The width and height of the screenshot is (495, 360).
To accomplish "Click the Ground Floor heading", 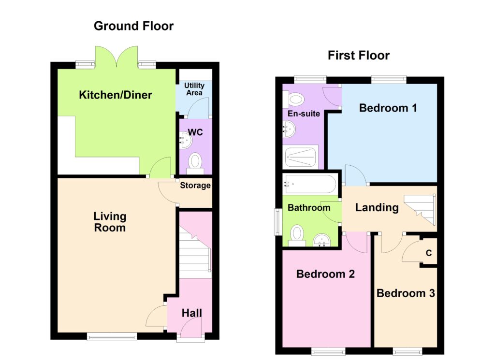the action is (133, 26).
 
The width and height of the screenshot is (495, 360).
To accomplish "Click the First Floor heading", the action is (359, 56).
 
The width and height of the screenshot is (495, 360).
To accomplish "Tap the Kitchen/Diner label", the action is (116, 95).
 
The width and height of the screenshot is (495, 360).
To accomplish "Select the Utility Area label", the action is (194, 89).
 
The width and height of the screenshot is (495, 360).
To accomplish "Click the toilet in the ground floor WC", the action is (195, 163).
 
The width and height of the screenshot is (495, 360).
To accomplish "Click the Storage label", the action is (195, 186).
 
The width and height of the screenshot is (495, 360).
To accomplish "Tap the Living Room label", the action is (110, 222).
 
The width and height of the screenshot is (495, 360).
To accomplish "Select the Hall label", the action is (191, 313).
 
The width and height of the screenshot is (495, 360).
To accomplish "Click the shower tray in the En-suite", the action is (300, 157).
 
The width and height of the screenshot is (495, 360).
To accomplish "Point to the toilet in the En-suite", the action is (293, 100).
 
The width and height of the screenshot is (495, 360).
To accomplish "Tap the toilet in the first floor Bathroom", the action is (297, 235).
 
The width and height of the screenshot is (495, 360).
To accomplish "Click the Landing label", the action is (377, 208).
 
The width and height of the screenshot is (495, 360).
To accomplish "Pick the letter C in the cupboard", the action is (429, 253).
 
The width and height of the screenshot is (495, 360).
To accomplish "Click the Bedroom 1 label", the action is (388, 108).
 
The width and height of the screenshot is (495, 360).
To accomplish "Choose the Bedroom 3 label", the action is (406, 293).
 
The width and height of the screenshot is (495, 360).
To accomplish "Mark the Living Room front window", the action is (112, 337).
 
